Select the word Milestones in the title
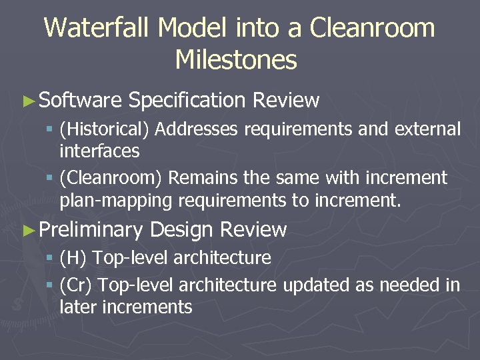pyautogui.click(x=236, y=61)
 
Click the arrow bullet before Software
pyautogui.click(x=28, y=101)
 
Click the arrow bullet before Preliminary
pyautogui.click(x=28, y=231)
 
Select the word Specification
pyautogui.click(x=187, y=101)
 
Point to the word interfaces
pyautogui.click(x=99, y=151)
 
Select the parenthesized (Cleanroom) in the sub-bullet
pyautogui.click(x=111, y=179)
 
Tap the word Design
pyautogui.click(x=182, y=231)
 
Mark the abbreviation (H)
pyautogui.click(x=73, y=258)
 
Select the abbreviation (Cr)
pyautogui.click(x=76, y=285)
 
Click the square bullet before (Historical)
pyautogui.click(x=50, y=129)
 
